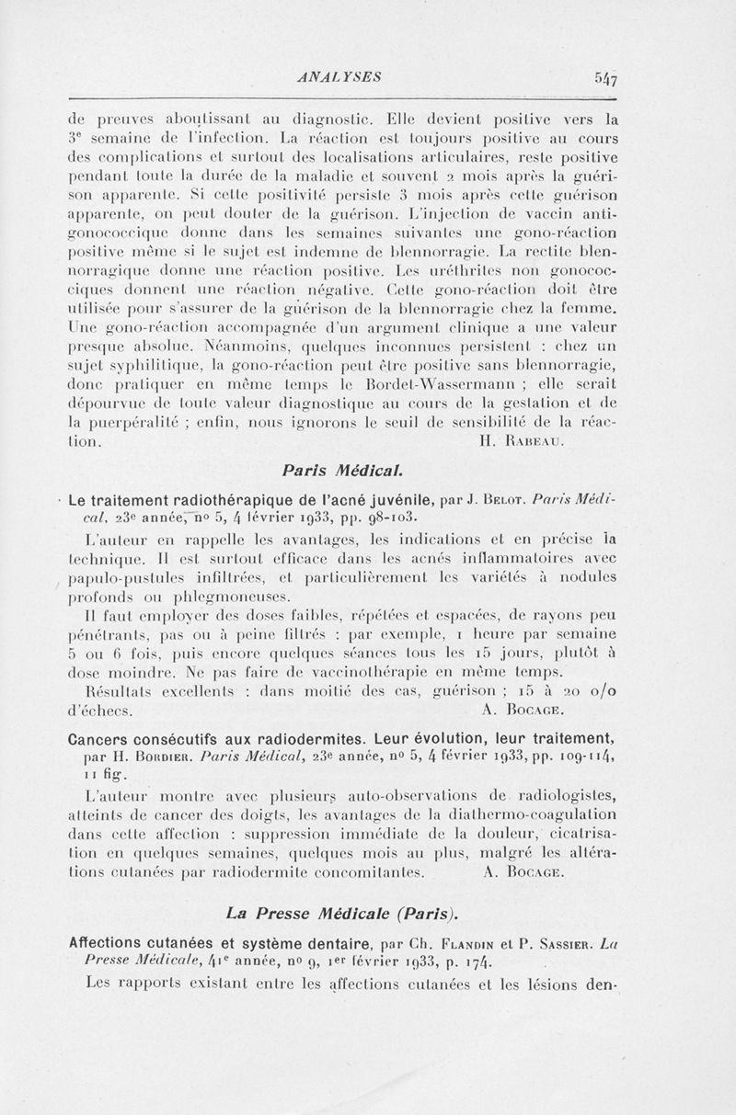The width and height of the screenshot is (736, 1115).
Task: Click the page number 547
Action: [x=604, y=78]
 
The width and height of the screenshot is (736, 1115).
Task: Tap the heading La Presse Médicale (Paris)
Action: [x=341, y=914]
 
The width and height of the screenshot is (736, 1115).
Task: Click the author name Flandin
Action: [x=445, y=944]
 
